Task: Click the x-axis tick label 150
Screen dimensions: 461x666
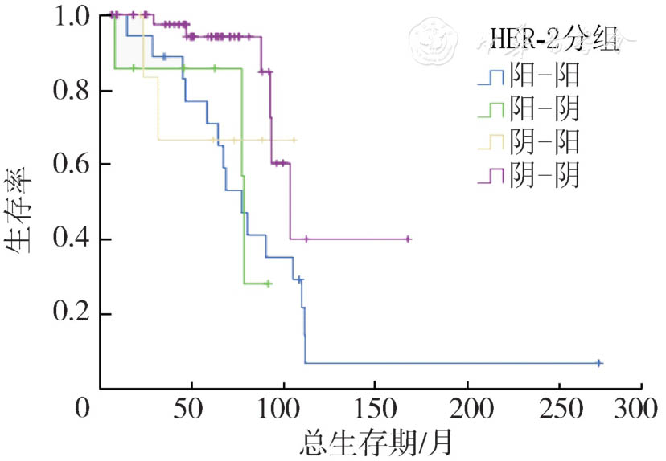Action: pyautogui.click(x=374, y=406)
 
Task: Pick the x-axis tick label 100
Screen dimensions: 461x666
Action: pyautogui.click(x=283, y=406)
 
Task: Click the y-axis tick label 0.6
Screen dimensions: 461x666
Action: pyautogui.click(x=71, y=165)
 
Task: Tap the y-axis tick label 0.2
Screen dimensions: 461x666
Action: pyautogui.click(x=71, y=314)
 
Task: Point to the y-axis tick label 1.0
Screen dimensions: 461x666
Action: pyautogui.click(x=71, y=15)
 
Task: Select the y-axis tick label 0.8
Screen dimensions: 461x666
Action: pyautogui.click(x=71, y=91)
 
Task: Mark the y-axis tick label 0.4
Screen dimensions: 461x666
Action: pyautogui.click(x=71, y=239)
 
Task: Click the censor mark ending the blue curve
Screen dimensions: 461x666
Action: pyautogui.click(x=599, y=363)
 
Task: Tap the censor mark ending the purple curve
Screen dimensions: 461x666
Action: pyautogui.click(x=409, y=239)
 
